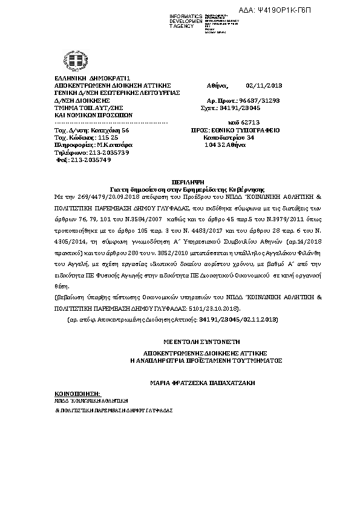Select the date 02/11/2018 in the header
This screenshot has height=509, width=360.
[263, 85]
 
